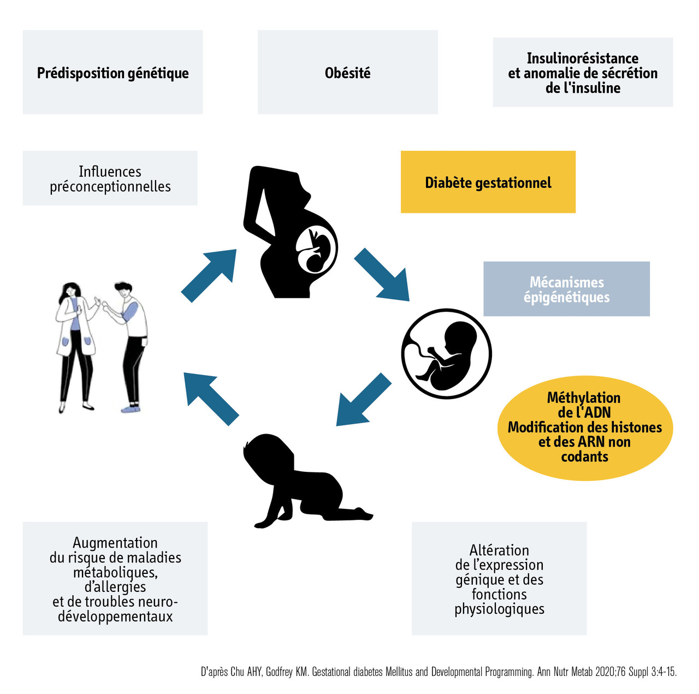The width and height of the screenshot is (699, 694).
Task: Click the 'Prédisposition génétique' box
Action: click(x=112, y=73)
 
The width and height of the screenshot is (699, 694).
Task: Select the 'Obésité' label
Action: click(x=347, y=73)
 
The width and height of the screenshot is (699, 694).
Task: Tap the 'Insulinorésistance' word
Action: click(x=582, y=58)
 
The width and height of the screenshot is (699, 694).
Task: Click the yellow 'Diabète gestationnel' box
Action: click(x=488, y=182)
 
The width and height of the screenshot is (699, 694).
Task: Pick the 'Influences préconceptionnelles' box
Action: click(x=110, y=179)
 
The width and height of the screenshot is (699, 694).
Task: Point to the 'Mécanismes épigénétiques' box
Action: click(x=566, y=289)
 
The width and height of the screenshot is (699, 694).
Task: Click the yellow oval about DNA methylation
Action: click(x=584, y=427)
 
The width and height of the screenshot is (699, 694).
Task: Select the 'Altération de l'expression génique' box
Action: click(x=499, y=579)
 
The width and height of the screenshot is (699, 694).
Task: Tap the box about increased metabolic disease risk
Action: click(x=115, y=579)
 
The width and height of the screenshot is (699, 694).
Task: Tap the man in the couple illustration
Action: click(x=130, y=344)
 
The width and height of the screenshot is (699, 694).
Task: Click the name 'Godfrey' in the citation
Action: click(x=279, y=672)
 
